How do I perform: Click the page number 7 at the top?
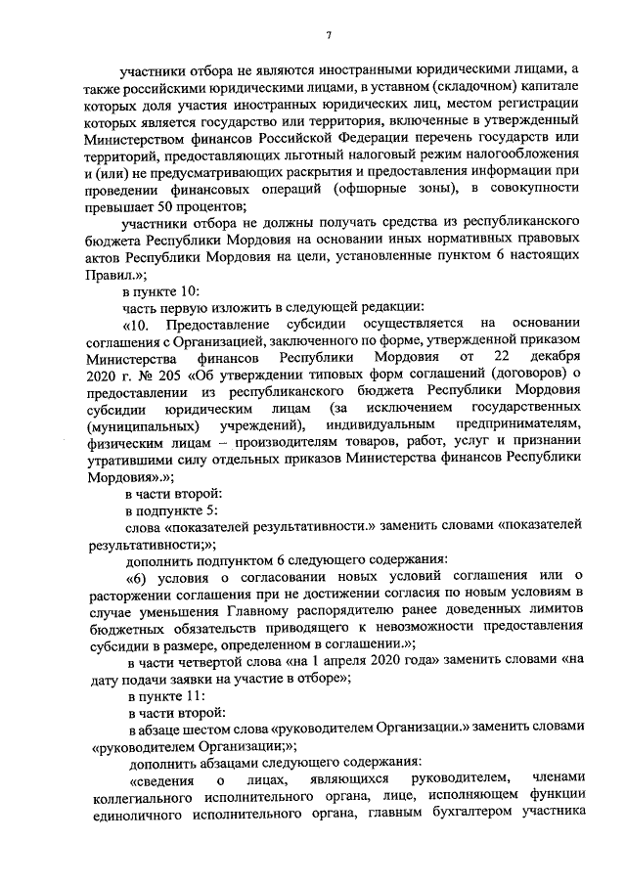tap(329, 36)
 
